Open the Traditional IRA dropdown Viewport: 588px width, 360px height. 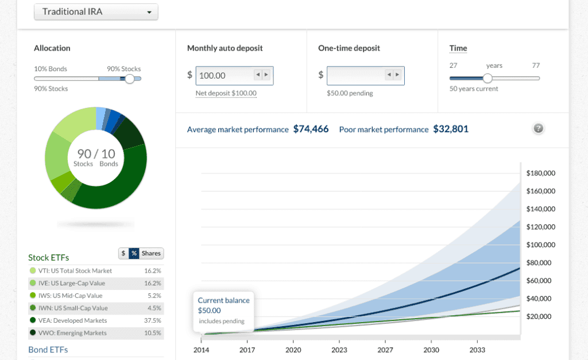tap(96, 12)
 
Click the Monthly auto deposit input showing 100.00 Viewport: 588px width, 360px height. tap(225, 75)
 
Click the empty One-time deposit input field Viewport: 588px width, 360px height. tap(355, 75)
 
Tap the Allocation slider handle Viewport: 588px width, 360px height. tap(130, 79)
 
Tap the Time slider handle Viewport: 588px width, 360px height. tap(488, 79)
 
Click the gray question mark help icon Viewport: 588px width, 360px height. tap(538, 129)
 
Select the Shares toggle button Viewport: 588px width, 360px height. tap(152, 253)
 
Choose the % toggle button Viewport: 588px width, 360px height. tap(134, 253)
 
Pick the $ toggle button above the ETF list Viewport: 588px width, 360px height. tap(123, 253)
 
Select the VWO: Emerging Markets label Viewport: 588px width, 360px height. tap(72, 333)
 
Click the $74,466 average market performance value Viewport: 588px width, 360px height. tap(311, 129)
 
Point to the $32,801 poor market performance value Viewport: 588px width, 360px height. tap(450, 129)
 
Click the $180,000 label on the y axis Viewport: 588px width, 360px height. tap(541, 173)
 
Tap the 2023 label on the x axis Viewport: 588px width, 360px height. tap(339, 350)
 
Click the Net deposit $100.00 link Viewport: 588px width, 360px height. tap(226, 93)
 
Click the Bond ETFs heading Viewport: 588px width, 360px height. tap(48, 350)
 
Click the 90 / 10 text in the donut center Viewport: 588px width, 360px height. tap(96, 153)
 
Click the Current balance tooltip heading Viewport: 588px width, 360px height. tap(223, 300)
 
